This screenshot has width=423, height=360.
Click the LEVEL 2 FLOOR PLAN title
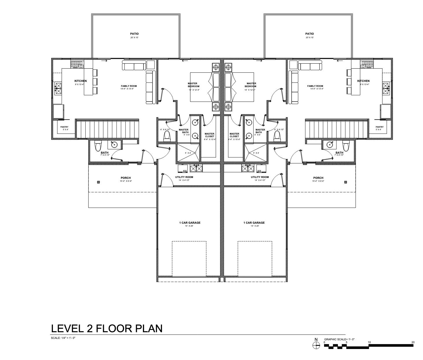106,328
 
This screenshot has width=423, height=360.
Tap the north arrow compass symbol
316,345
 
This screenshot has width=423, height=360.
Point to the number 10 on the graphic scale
369,342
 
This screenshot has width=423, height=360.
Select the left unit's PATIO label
134,34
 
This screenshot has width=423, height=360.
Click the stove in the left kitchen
77,64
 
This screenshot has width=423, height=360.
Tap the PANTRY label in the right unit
379,127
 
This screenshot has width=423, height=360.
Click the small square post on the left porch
98,182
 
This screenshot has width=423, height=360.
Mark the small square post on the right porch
345,182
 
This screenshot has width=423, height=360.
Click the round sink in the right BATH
329,144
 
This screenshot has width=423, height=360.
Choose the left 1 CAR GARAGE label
190,223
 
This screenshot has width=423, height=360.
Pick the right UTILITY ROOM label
260,177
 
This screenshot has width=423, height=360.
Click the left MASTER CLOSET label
209,135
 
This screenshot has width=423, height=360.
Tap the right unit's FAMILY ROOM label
315,86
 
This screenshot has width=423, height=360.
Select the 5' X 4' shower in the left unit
188,153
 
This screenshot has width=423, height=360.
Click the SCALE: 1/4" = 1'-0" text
63,338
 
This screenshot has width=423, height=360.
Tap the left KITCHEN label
80,81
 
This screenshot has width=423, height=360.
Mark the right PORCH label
318,178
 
